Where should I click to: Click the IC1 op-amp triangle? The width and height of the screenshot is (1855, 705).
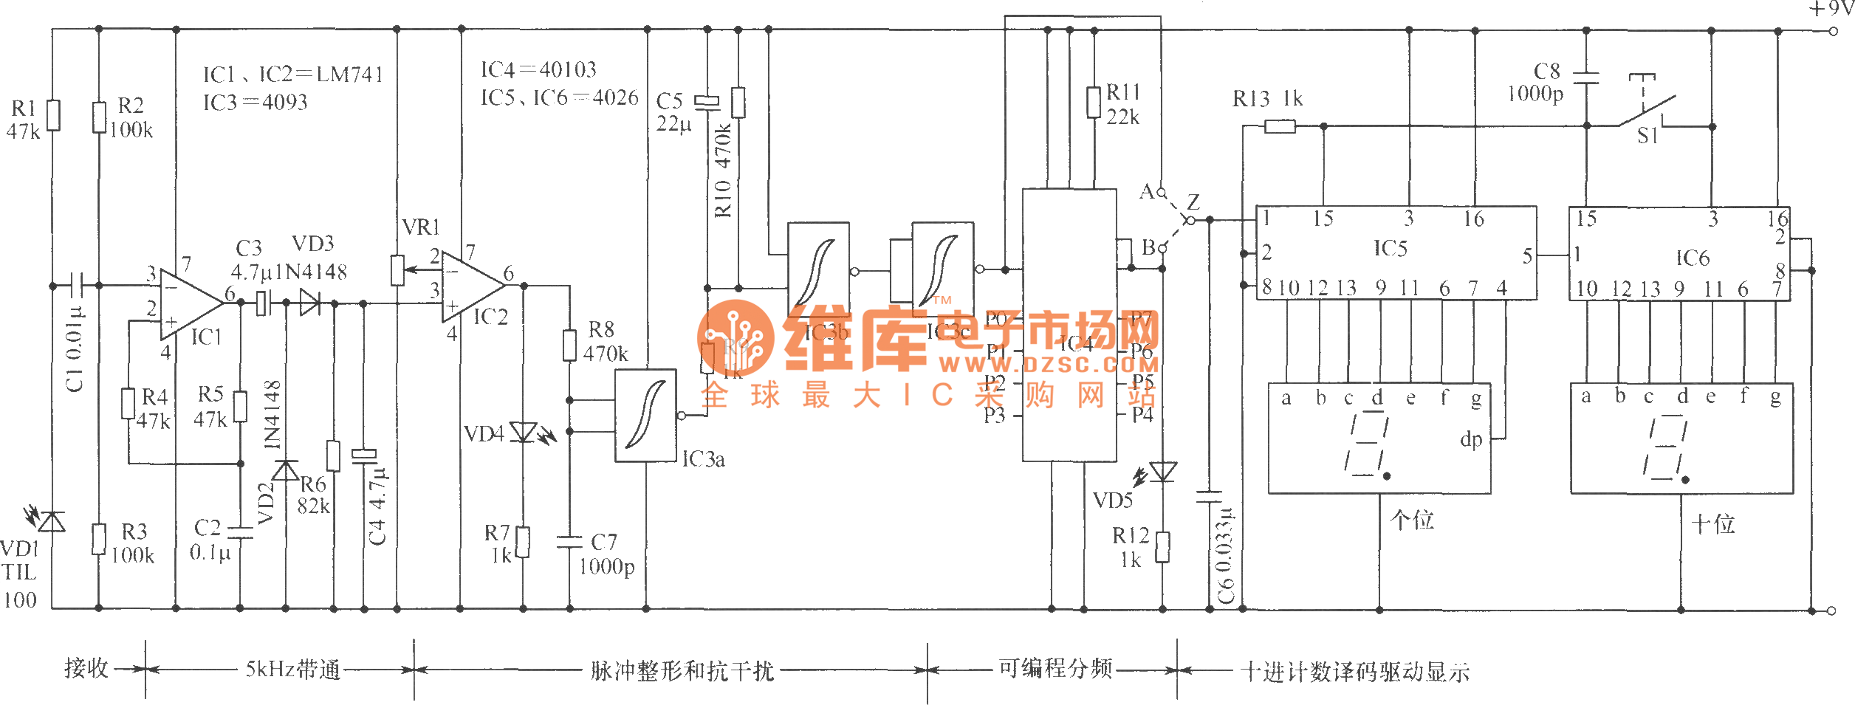pos(190,303)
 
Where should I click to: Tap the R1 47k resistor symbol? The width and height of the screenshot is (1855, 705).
pos(53,116)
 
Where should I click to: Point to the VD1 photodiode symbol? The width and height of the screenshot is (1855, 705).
pos(52,522)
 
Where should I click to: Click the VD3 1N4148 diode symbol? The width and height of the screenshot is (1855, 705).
pos(310,303)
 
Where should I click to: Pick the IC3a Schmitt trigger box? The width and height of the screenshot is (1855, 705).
pos(645,416)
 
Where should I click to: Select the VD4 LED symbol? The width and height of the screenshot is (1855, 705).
pos(524,433)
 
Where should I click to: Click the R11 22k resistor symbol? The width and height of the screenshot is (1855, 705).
pos(1094,103)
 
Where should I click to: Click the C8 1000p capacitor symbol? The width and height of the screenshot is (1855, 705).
pos(1586,78)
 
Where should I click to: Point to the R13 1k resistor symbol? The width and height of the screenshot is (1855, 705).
pos(1280,127)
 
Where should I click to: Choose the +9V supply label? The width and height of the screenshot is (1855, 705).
pos(1830,9)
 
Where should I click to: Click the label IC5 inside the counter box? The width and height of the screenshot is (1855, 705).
pos(1390,249)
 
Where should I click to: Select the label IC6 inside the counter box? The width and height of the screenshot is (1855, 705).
pos(1692,258)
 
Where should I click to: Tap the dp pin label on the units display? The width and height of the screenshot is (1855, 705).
pos(1471,440)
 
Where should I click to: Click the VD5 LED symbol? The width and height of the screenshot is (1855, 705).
pos(1163,471)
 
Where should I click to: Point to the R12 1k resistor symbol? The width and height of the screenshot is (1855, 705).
pos(1163,547)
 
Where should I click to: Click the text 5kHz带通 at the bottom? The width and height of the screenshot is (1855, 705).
pos(293,670)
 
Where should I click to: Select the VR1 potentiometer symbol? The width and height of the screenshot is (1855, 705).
pos(397,270)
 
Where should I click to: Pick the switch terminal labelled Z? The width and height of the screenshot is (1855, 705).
pos(1190,219)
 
